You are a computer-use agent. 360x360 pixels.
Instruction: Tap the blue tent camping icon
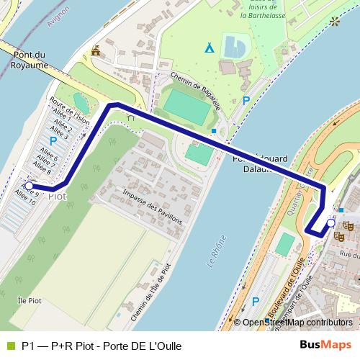pos(209,48)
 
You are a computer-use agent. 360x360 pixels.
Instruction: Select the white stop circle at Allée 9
pos(28,185)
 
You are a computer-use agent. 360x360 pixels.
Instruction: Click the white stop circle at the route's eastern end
pos(330,223)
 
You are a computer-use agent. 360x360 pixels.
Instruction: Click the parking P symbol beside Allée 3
pos(53,142)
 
